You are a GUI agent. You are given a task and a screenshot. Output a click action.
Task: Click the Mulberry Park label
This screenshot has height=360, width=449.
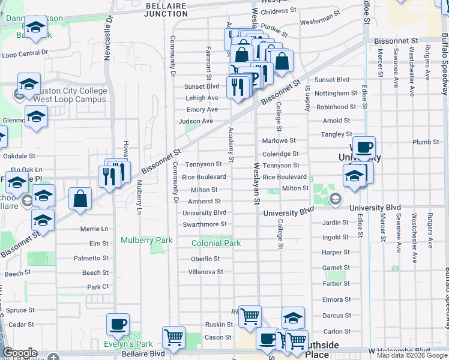[146, 241]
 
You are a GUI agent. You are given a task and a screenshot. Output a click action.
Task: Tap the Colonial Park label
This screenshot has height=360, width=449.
[216, 244]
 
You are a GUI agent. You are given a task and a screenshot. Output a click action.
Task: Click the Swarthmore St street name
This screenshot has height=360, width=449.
[205, 224]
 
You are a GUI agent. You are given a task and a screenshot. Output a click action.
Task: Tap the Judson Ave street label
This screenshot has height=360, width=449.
[196, 121]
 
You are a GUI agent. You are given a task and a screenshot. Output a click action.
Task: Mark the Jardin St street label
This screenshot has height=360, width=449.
[336, 223]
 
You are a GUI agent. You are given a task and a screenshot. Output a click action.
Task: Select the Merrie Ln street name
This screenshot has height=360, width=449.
[94, 229]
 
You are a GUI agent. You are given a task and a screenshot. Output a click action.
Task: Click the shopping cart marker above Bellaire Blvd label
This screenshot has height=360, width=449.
[173, 337]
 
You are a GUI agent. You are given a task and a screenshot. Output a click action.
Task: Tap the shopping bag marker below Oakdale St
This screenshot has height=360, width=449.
[80, 199]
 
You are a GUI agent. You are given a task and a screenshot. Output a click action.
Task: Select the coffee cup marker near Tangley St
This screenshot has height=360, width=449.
[363, 147]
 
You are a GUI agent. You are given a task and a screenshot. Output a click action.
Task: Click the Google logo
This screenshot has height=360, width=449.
[20, 353]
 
